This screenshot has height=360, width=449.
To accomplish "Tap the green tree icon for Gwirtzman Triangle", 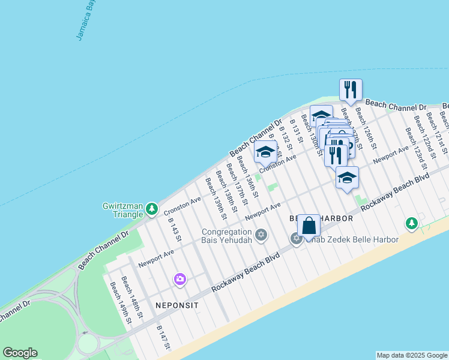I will tap(152, 208).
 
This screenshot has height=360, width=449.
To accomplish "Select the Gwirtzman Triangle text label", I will tap(123, 211).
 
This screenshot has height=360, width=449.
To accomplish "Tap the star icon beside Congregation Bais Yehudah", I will tap(261, 235).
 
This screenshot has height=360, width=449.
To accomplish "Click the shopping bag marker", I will tap(309, 227).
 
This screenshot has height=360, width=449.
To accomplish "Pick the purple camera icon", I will tap(179, 279).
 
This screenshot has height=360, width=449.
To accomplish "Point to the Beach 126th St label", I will tap(366, 128).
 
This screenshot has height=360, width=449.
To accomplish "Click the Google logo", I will tap(20, 353).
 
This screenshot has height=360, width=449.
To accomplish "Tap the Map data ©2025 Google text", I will tap(412, 355).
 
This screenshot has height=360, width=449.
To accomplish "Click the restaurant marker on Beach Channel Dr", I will tap(351, 90).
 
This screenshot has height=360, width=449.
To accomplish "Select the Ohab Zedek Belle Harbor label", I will tap(354, 240).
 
